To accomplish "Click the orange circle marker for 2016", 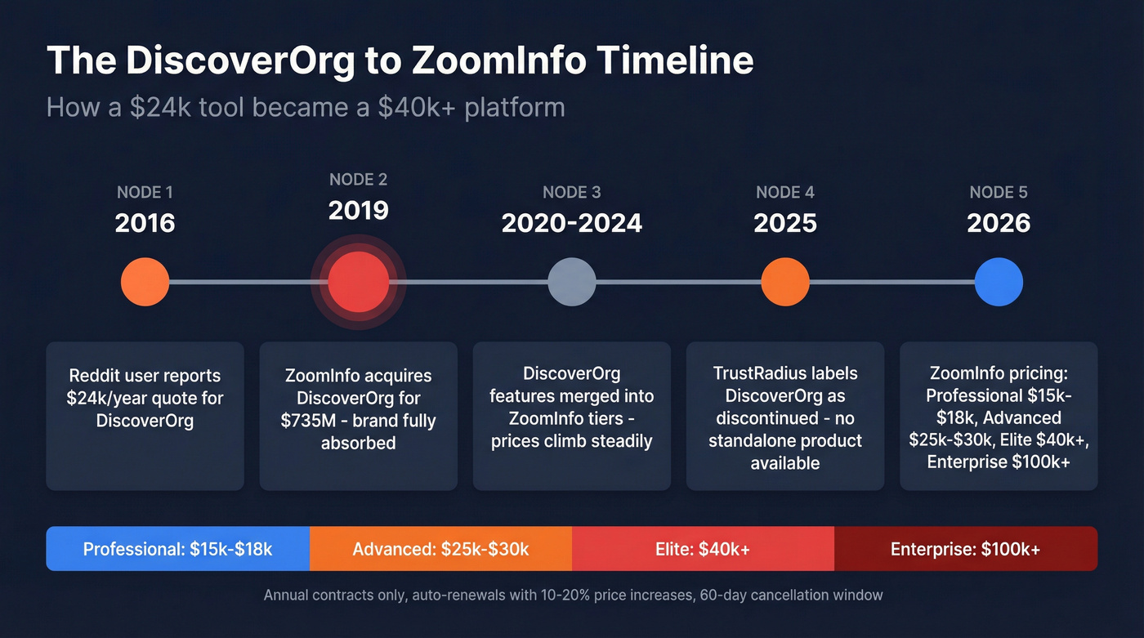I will (145, 282).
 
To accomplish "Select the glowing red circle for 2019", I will (358, 282).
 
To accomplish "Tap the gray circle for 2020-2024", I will (571, 282).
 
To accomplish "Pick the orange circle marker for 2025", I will (784, 282).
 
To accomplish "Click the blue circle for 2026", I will (999, 282).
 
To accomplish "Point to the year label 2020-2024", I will (571, 223).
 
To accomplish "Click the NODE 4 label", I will (784, 193).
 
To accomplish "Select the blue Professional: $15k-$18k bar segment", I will (177, 549).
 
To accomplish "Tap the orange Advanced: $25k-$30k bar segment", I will (440, 549).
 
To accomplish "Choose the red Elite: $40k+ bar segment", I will (703, 549).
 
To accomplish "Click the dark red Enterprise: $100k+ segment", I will (965, 549).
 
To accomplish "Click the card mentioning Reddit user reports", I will (145, 416).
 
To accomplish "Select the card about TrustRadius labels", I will (784, 416).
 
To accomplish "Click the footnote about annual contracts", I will (572, 595).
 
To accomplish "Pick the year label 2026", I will (999, 223).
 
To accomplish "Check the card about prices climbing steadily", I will (571, 416).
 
